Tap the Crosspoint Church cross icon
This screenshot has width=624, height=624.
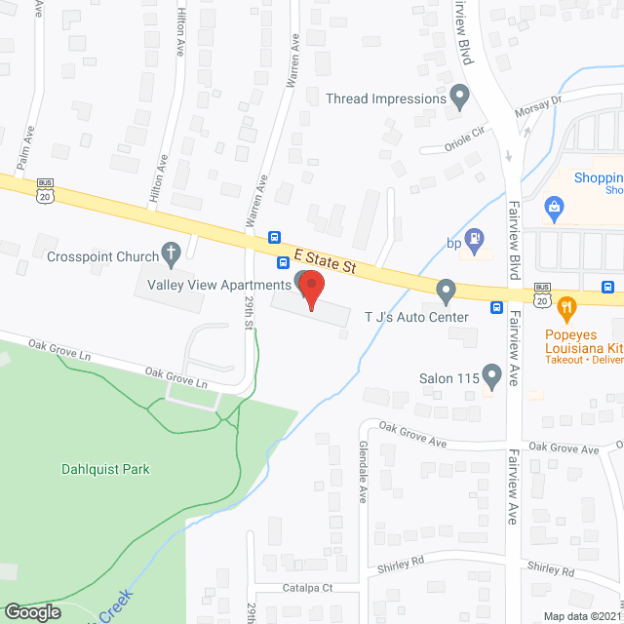click(x=172, y=256)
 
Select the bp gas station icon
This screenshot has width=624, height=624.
click(x=474, y=236)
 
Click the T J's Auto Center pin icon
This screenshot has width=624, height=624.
click(x=446, y=290)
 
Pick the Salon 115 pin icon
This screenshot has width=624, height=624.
click(x=491, y=376)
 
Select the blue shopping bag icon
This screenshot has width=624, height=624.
click(x=555, y=206)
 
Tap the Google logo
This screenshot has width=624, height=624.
click(x=32, y=611)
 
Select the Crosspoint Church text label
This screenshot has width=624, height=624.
click(x=102, y=256)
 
